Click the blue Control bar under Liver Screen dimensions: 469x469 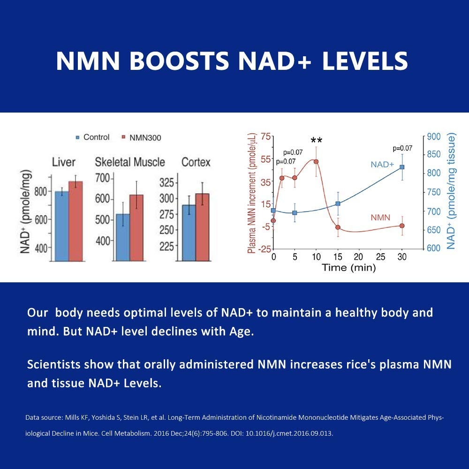(x=61, y=226)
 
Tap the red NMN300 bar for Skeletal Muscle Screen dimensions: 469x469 (x=136, y=227)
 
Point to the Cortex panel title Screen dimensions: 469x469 (x=196, y=163)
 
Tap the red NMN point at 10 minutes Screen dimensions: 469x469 (x=316, y=161)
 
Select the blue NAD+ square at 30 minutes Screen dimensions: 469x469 (x=402, y=167)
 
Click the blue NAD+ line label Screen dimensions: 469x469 (x=382, y=165)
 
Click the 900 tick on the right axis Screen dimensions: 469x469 (x=434, y=136)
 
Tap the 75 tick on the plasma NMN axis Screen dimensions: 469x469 (x=266, y=136)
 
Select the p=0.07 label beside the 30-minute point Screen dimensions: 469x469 (x=402, y=148)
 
